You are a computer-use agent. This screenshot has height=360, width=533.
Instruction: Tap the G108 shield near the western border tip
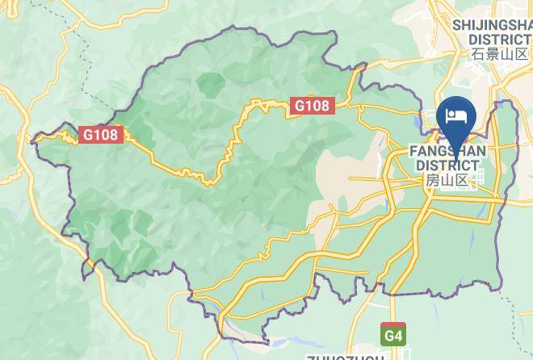tap(102, 136)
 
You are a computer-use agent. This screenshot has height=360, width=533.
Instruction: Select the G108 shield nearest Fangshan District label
tap(311, 105)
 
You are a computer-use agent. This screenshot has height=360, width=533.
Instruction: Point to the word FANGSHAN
tap(447, 151)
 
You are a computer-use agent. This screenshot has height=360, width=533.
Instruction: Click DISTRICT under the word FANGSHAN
tap(447, 165)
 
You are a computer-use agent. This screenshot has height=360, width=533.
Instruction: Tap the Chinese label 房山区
tap(447, 180)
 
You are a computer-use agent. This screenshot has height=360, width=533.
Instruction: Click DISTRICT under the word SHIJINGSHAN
tap(500, 39)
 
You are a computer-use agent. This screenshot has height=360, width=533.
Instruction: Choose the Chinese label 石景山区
tap(500, 54)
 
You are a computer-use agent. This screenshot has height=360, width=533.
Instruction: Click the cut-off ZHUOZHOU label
tap(346, 356)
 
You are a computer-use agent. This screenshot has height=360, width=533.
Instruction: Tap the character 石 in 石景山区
tap(479, 54)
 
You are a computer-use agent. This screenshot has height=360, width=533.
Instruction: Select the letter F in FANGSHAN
tap(413, 151)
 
